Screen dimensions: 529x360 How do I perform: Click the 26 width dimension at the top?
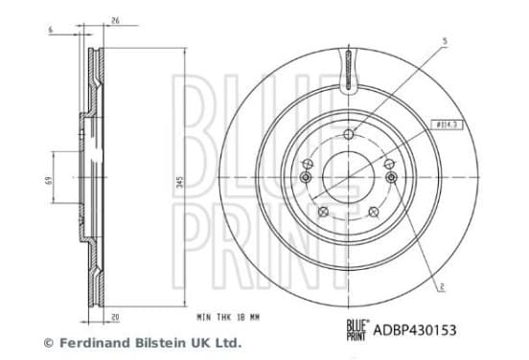[x=115, y=20]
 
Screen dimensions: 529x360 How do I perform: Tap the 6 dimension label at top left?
[x=51, y=30]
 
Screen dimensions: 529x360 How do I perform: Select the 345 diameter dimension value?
[x=180, y=182]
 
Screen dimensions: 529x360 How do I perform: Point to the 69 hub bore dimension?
[x=49, y=181]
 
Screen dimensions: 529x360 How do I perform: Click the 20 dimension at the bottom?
[x=115, y=318]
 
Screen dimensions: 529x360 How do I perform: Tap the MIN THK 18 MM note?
[x=228, y=317]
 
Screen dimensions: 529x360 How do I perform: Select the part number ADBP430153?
[x=415, y=330]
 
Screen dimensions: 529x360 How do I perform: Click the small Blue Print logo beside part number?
[x=357, y=330]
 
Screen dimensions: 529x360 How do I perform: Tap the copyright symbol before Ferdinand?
[x=49, y=343]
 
